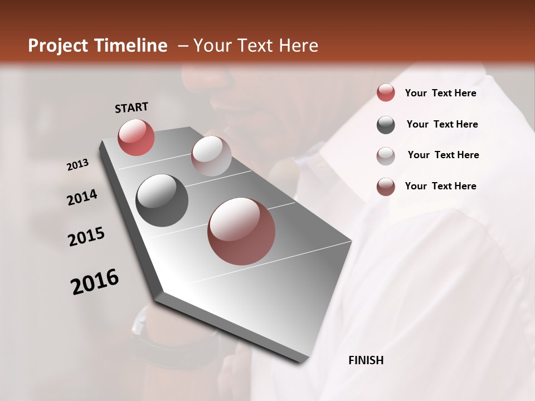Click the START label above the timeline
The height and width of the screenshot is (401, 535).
pos(132,107)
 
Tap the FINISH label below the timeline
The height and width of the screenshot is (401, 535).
pos(366,360)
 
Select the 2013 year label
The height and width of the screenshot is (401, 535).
pos(78,165)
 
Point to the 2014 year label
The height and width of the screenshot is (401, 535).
pos(82,197)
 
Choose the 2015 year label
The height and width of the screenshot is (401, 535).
pos(86,237)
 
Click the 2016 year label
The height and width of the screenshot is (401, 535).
pos(95,282)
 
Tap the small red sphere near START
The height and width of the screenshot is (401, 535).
pos(136,136)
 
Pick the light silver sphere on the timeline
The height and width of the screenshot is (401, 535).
pos(211,155)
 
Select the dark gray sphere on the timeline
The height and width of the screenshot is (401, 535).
pos(162,200)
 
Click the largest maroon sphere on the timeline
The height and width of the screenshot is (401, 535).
pos(241,231)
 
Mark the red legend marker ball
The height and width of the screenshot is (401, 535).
pos(386,93)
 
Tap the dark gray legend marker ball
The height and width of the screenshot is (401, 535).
pos(386,125)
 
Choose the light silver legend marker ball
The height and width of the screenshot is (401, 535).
pos(386,156)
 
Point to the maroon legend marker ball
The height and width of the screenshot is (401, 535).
pos(386,187)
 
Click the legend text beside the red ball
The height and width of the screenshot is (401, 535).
pos(440,93)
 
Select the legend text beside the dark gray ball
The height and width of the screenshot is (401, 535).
pos(442,124)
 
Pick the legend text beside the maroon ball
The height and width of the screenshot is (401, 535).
pos(440,186)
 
